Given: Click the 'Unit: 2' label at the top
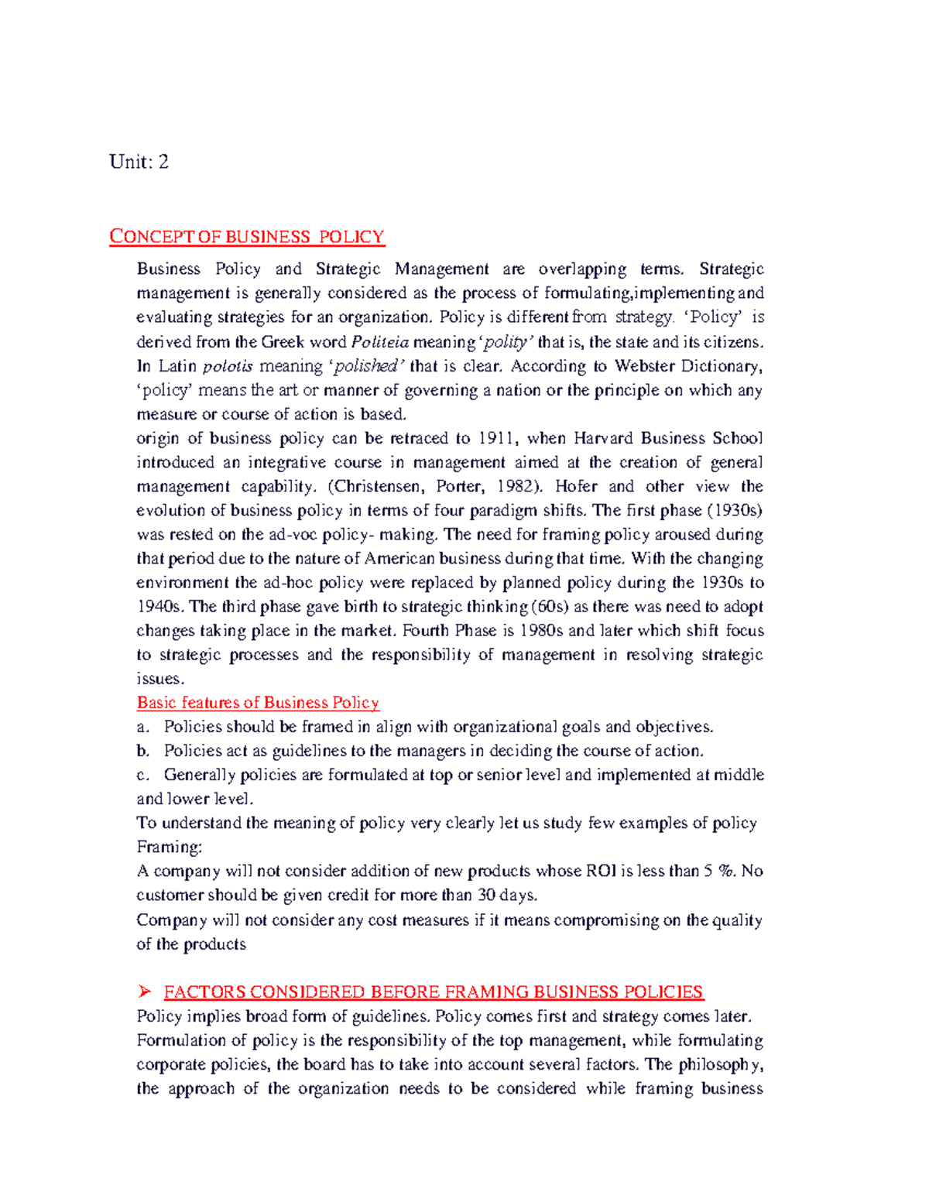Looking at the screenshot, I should point(139,162).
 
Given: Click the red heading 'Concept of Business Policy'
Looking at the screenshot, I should point(247,237).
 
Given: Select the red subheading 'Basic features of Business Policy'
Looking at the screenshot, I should point(258,703).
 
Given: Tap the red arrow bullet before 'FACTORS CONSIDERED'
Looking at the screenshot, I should point(143,992).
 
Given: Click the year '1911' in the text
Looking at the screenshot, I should point(496,438).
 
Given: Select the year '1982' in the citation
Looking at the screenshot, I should point(512,486).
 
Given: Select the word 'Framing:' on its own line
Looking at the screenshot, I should point(169,847).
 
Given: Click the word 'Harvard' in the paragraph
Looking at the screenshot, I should point(604,438).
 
